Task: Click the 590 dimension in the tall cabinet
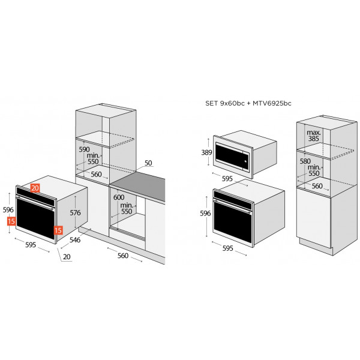coord(84,149)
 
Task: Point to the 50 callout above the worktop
coord(148,163)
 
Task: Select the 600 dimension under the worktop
coord(119,197)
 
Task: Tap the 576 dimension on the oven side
coord(76,213)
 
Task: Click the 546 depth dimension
coord(75,240)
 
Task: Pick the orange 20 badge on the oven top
coord(35,188)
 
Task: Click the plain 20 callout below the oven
coord(67,257)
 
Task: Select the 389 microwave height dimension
coord(206,152)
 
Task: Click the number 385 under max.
coord(313,139)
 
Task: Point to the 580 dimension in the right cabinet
coord(305,161)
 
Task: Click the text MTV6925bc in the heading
coord(272,103)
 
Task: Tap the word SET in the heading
coord(211,103)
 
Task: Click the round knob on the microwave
coord(245,161)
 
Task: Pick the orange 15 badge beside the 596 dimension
coord(11,221)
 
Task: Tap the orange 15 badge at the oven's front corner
coord(58,230)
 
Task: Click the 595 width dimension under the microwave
coord(227,179)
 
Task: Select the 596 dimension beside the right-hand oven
coord(205,214)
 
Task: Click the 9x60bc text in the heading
coord(232,103)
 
